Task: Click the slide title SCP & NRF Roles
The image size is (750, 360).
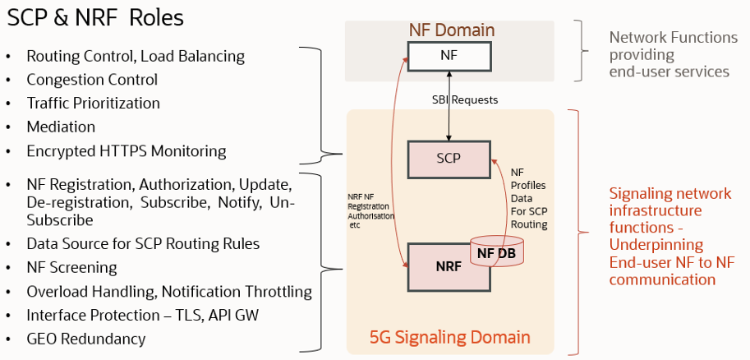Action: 95,17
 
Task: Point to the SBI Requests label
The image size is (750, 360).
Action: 465,100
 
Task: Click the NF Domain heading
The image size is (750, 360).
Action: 452,30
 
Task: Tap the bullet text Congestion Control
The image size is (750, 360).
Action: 92,80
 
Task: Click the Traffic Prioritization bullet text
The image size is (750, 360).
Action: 93,104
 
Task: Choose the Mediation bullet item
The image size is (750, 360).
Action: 61,127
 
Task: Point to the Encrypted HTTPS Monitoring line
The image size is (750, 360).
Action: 126,150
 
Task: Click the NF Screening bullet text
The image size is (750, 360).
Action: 71,267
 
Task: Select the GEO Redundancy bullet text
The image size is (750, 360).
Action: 86,339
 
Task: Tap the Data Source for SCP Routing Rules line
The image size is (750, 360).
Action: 143,243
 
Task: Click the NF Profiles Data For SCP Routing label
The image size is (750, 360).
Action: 529,198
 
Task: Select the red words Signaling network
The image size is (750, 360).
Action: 669,194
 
